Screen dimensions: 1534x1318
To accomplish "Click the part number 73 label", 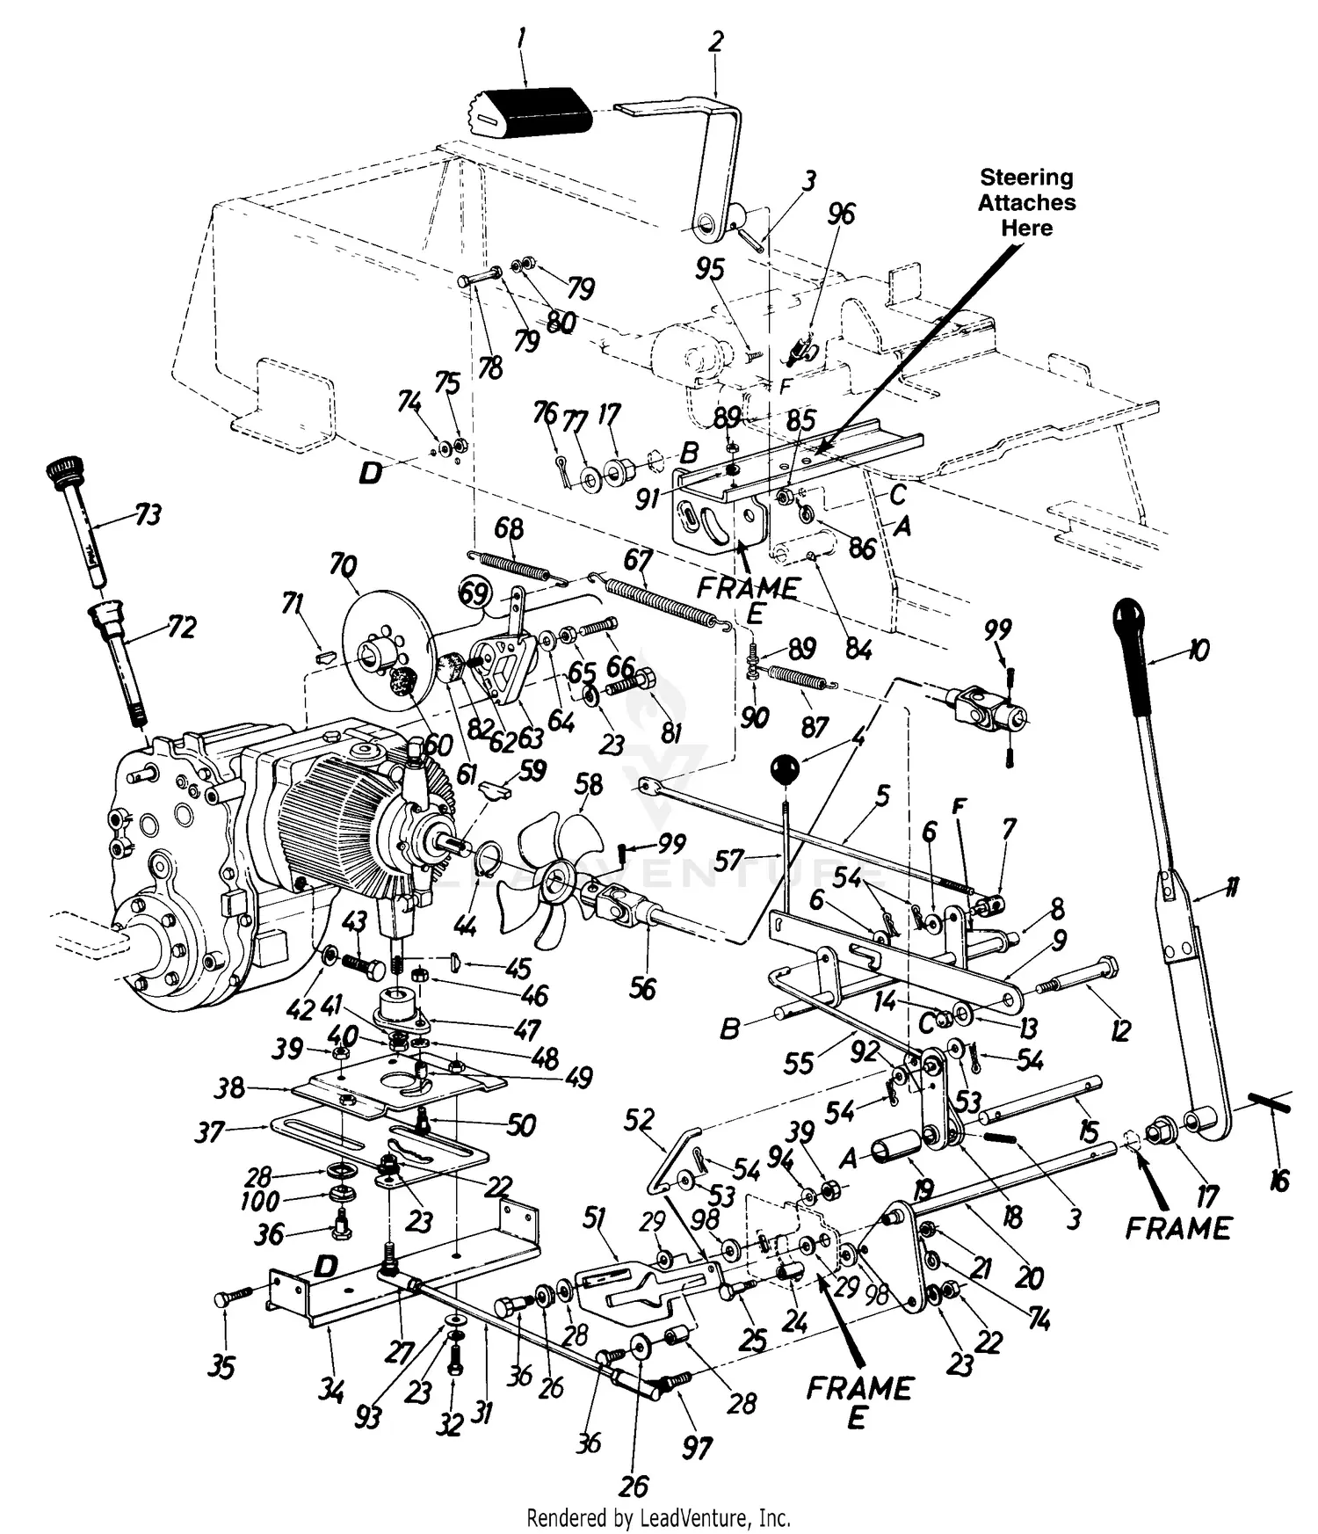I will (148, 514).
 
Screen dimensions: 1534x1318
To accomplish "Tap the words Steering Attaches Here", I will (1026, 202).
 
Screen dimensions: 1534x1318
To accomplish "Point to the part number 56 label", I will (642, 988).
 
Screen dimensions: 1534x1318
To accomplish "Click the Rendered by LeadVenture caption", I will (658, 1517).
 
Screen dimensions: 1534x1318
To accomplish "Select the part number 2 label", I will (716, 41).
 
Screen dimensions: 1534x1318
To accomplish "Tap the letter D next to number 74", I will (371, 474).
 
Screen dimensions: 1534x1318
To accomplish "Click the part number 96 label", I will (841, 214).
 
